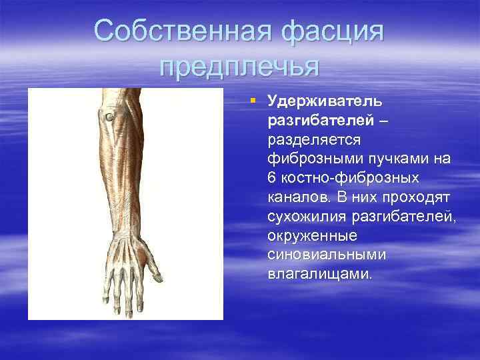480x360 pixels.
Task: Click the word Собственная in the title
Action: click(178, 31)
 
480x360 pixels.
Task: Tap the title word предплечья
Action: click(240, 67)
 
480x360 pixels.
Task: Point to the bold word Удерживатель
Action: click(324, 101)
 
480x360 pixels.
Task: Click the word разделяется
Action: click(313, 140)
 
